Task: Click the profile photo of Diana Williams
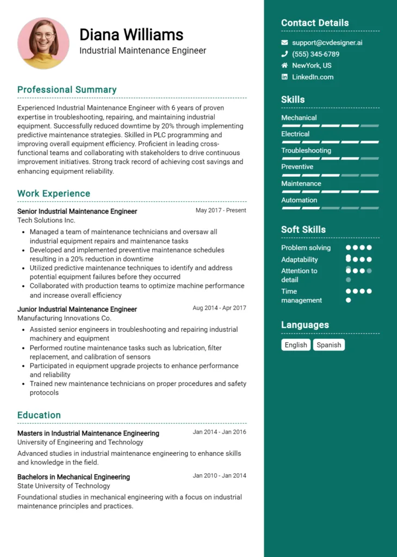pyautogui.click(x=44, y=43)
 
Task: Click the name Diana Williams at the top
pyautogui.click(x=131, y=35)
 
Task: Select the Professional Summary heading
pyautogui.click(x=67, y=90)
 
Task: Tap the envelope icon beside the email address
pyautogui.click(x=284, y=42)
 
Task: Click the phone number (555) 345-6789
pyautogui.click(x=315, y=54)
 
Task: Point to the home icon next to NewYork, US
pyautogui.click(x=284, y=65)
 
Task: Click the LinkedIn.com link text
pyautogui.click(x=313, y=77)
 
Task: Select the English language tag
pyautogui.click(x=296, y=345)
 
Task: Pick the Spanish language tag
pyautogui.click(x=329, y=345)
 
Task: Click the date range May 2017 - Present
pyautogui.click(x=221, y=211)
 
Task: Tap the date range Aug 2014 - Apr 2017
pyautogui.click(x=219, y=308)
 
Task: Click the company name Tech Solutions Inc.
pyautogui.click(x=46, y=220)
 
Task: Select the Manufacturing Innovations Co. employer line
pyautogui.click(x=64, y=318)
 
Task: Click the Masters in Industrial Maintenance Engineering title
pyautogui.click(x=88, y=434)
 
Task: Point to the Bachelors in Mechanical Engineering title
pyautogui.click(x=73, y=477)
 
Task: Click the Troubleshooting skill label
pyautogui.click(x=306, y=151)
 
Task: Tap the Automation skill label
pyautogui.click(x=299, y=200)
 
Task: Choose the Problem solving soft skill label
pyautogui.click(x=306, y=248)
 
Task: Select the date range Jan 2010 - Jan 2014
pyautogui.click(x=219, y=476)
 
